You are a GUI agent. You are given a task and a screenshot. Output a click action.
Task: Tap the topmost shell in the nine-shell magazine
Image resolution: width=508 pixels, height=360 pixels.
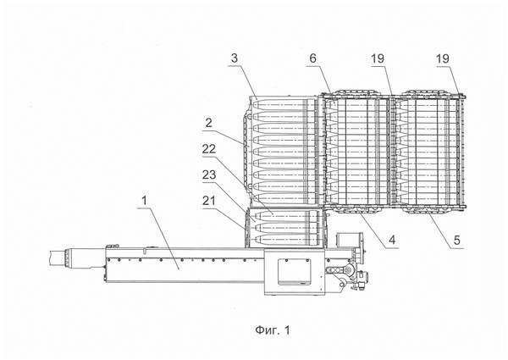pyautogui.click(x=284, y=106)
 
